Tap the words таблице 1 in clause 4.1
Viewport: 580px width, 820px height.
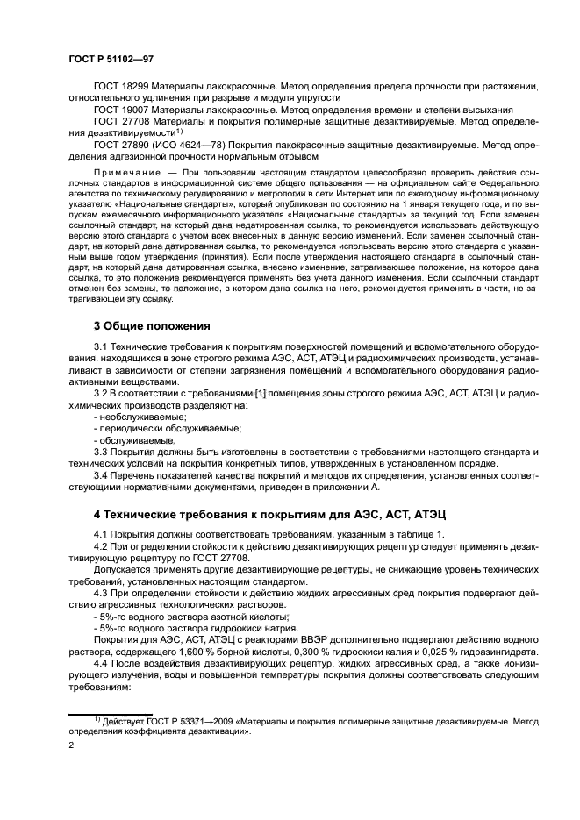[419, 535]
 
